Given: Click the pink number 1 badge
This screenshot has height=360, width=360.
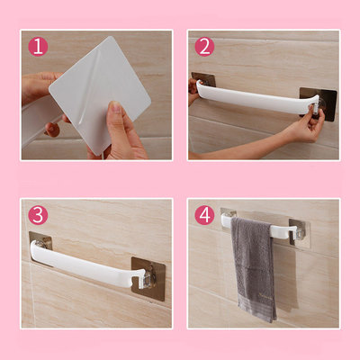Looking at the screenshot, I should pyautogui.click(x=37, y=47).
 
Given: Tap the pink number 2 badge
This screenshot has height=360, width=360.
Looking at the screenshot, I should pyautogui.click(x=205, y=47).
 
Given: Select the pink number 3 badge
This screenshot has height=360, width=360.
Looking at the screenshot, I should pyautogui.click(x=37, y=215).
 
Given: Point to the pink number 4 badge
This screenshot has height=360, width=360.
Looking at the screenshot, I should pyautogui.click(x=205, y=215).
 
